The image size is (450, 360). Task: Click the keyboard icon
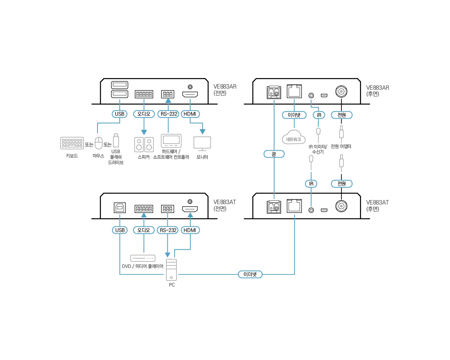(x=72, y=143)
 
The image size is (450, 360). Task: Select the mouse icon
(x=98, y=143)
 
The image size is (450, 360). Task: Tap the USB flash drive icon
(x=116, y=140)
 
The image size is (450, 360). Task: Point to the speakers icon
(x=144, y=144)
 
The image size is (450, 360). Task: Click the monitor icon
(x=202, y=144)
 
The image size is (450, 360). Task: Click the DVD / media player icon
(x=144, y=258)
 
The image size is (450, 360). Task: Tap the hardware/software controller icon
(x=171, y=141)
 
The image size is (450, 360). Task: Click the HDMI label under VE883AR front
(x=190, y=114)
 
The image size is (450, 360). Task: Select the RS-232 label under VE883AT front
(x=168, y=230)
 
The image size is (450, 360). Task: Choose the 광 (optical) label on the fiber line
(x=274, y=154)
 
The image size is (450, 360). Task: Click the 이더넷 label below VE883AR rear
(x=294, y=115)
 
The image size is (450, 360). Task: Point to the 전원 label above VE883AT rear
(x=341, y=183)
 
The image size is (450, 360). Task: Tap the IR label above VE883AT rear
(x=311, y=183)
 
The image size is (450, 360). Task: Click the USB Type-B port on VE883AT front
(x=119, y=208)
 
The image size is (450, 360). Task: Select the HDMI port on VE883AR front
(x=190, y=95)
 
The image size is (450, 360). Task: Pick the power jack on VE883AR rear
(x=341, y=92)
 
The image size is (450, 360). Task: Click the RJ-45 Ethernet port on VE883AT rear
(x=294, y=206)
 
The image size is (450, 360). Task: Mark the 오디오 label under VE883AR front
(x=144, y=114)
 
